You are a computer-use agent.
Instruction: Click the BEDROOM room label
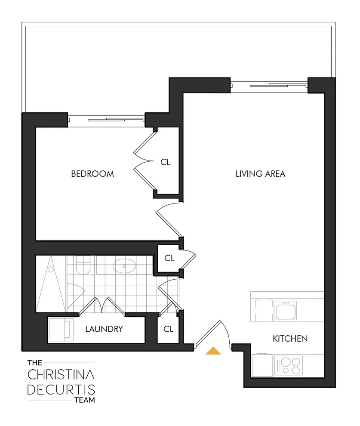tap(92, 174)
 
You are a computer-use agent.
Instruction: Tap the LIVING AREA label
tap(260, 174)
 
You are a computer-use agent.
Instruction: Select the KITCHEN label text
tap(290, 339)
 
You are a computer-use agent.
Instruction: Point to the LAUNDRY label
tap(104, 329)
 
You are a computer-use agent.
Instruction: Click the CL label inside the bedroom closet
tap(166, 162)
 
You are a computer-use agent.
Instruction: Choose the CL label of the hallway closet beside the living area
tap(169, 258)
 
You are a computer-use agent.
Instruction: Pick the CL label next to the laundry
tap(169, 329)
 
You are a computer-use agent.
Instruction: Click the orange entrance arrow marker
tap(213, 351)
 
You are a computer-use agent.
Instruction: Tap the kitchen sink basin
tap(285, 311)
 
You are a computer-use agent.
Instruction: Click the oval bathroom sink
tap(124, 265)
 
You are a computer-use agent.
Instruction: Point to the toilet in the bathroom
tap(83, 265)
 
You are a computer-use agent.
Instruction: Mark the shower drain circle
tap(51, 269)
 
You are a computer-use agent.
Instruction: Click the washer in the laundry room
tap(61, 330)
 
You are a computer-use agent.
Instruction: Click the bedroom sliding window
tap(106, 120)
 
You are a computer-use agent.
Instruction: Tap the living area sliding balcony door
tap(269, 86)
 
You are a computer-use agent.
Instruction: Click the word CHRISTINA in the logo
tap(61, 374)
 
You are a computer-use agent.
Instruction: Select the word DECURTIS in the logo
tap(61, 389)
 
